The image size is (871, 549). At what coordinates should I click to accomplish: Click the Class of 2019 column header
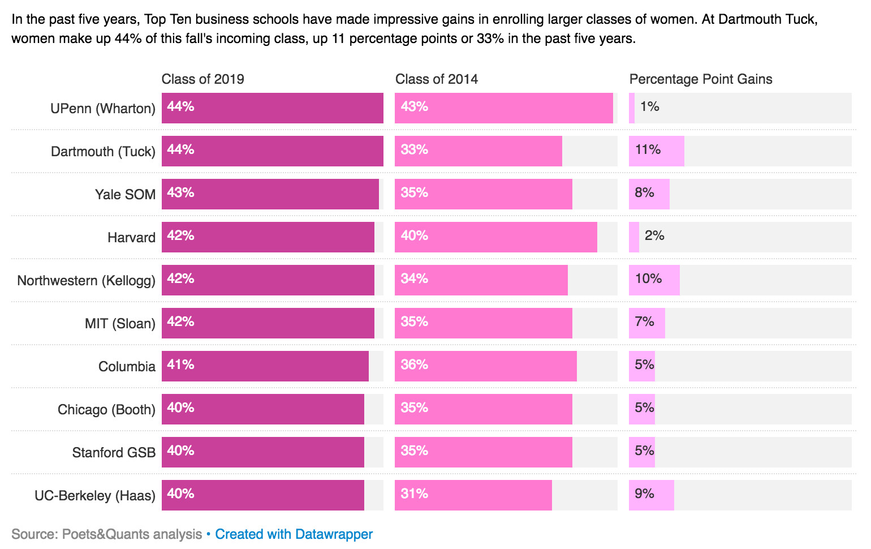tap(202, 79)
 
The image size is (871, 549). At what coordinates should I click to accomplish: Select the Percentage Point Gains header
tap(700, 79)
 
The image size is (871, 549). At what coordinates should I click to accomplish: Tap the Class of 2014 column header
tap(436, 79)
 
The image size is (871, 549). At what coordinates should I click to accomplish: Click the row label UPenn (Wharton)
tap(102, 108)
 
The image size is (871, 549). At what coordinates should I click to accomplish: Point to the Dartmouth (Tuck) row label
tap(102, 151)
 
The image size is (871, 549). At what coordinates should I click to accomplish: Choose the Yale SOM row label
tap(125, 194)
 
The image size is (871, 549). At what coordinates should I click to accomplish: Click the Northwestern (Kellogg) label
tap(86, 280)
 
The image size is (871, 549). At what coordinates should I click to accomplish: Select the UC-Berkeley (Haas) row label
tap(94, 495)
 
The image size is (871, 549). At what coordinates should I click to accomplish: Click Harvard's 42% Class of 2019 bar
tap(268, 237)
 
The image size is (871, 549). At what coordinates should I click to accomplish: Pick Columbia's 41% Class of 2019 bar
tap(265, 366)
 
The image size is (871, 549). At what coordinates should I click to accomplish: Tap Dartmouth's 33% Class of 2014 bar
tap(478, 151)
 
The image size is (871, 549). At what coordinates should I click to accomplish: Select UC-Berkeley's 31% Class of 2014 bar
tap(473, 495)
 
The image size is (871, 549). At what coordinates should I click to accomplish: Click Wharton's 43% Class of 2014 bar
tap(503, 108)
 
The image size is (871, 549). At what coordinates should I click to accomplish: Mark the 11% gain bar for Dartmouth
tap(656, 151)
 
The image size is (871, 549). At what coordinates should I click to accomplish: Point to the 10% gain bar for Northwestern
tap(654, 280)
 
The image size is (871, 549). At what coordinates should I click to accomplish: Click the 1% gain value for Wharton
tap(649, 107)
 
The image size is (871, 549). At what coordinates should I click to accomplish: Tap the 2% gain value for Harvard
tap(654, 236)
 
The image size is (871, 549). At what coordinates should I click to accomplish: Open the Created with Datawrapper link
tap(294, 534)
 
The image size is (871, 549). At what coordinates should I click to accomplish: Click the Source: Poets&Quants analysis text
tap(106, 534)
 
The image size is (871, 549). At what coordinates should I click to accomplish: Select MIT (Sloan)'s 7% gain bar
tap(646, 323)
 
